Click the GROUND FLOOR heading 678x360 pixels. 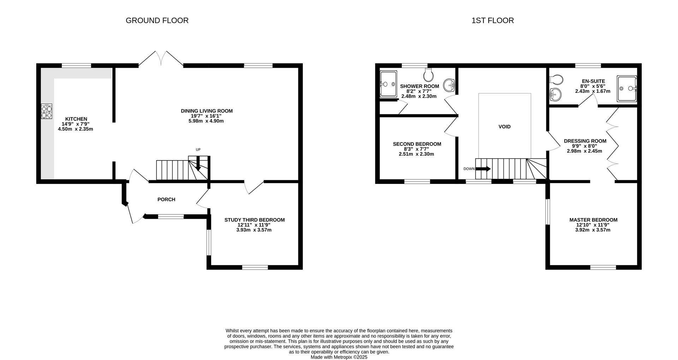tap(157, 20)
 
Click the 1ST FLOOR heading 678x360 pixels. tap(493, 20)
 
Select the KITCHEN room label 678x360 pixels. tap(76, 119)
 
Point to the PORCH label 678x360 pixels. tap(166, 199)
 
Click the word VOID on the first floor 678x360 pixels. tap(504, 127)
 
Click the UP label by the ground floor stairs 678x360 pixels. tap(198, 150)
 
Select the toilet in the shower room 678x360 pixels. tap(428, 74)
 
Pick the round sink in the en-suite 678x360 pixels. tap(555, 94)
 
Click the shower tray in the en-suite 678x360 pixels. tap(627, 89)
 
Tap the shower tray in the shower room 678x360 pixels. tap(388, 84)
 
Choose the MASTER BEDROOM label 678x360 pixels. tap(593, 220)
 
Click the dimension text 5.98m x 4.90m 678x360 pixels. tap(206, 121)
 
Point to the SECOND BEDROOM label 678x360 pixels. tap(417, 144)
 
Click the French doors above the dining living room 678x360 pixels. tap(161, 59)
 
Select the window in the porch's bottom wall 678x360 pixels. tap(171, 217)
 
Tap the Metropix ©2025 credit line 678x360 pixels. tap(339, 357)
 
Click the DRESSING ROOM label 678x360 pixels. tap(585, 141)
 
